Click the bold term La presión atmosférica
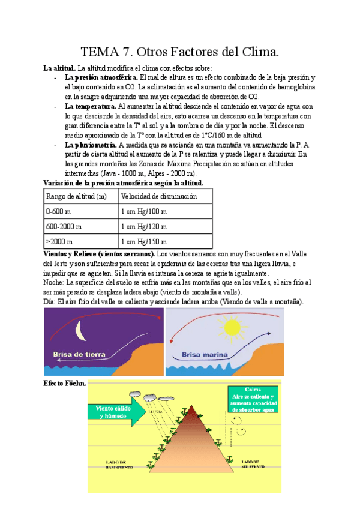click(101, 78)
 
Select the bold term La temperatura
click(91, 106)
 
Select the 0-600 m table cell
click(59, 212)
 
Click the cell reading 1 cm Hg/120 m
click(145, 227)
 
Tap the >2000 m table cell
click(59, 241)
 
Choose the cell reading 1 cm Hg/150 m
click(145, 241)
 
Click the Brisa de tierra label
click(77, 354)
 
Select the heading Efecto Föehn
click(65, 383)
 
